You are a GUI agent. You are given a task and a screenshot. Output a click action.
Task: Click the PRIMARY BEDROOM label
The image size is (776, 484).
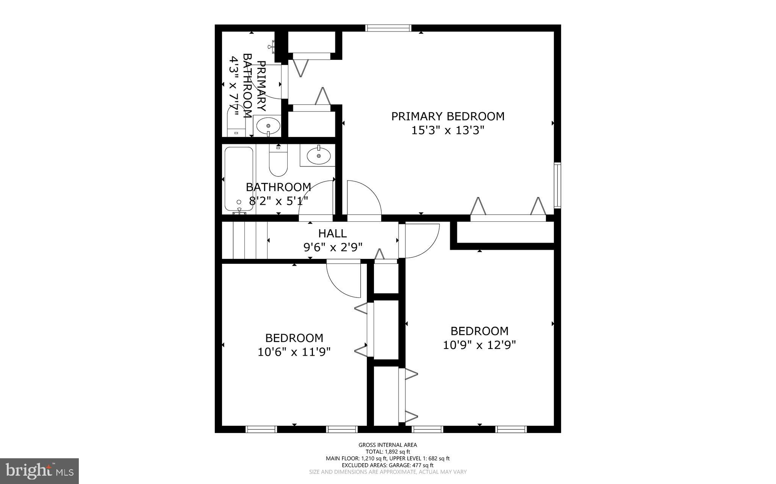pos(447,116)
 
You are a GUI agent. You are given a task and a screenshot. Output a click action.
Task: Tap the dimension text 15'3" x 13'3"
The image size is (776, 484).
pos(447,131)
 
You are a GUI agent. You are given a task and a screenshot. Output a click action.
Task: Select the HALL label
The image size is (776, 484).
pos(332,233)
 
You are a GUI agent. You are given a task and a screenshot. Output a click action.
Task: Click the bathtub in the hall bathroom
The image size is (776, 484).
pos(239,179)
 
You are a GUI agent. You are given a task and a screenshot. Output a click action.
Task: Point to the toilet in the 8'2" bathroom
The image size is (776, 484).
pos(278,163)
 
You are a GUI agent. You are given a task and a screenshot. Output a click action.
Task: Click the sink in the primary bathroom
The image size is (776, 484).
pos(268,125)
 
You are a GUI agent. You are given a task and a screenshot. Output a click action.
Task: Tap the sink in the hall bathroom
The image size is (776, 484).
pos(318,156)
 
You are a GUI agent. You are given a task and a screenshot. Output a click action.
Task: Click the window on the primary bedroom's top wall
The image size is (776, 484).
pos(388,28)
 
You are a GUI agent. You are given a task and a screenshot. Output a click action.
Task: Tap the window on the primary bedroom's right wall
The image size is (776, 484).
pos(557,185)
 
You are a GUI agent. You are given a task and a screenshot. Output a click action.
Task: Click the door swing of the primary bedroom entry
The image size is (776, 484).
pos(362,201)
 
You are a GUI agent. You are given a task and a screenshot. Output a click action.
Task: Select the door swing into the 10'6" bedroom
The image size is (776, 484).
pos(343,279)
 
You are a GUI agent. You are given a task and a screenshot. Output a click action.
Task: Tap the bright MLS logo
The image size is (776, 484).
pos(39,471)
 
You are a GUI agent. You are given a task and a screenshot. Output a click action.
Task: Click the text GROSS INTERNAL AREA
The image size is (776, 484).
pos(388,445)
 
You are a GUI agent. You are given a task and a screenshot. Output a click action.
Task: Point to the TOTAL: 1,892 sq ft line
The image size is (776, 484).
pos(388,452)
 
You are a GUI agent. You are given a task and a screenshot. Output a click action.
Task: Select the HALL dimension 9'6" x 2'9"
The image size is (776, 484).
pos(333,247)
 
